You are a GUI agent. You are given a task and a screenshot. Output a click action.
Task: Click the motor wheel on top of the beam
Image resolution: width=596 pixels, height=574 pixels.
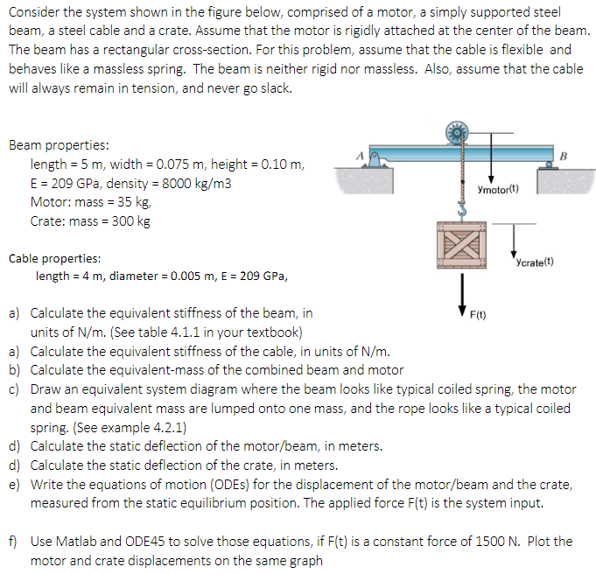pos(457,134)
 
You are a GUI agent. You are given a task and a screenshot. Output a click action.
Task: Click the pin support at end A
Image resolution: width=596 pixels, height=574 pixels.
pos(374,161)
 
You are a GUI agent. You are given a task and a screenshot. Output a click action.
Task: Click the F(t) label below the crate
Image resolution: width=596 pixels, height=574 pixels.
pos(480,312)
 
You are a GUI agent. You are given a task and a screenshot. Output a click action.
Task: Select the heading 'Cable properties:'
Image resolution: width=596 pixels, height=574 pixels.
pos(54,258)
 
